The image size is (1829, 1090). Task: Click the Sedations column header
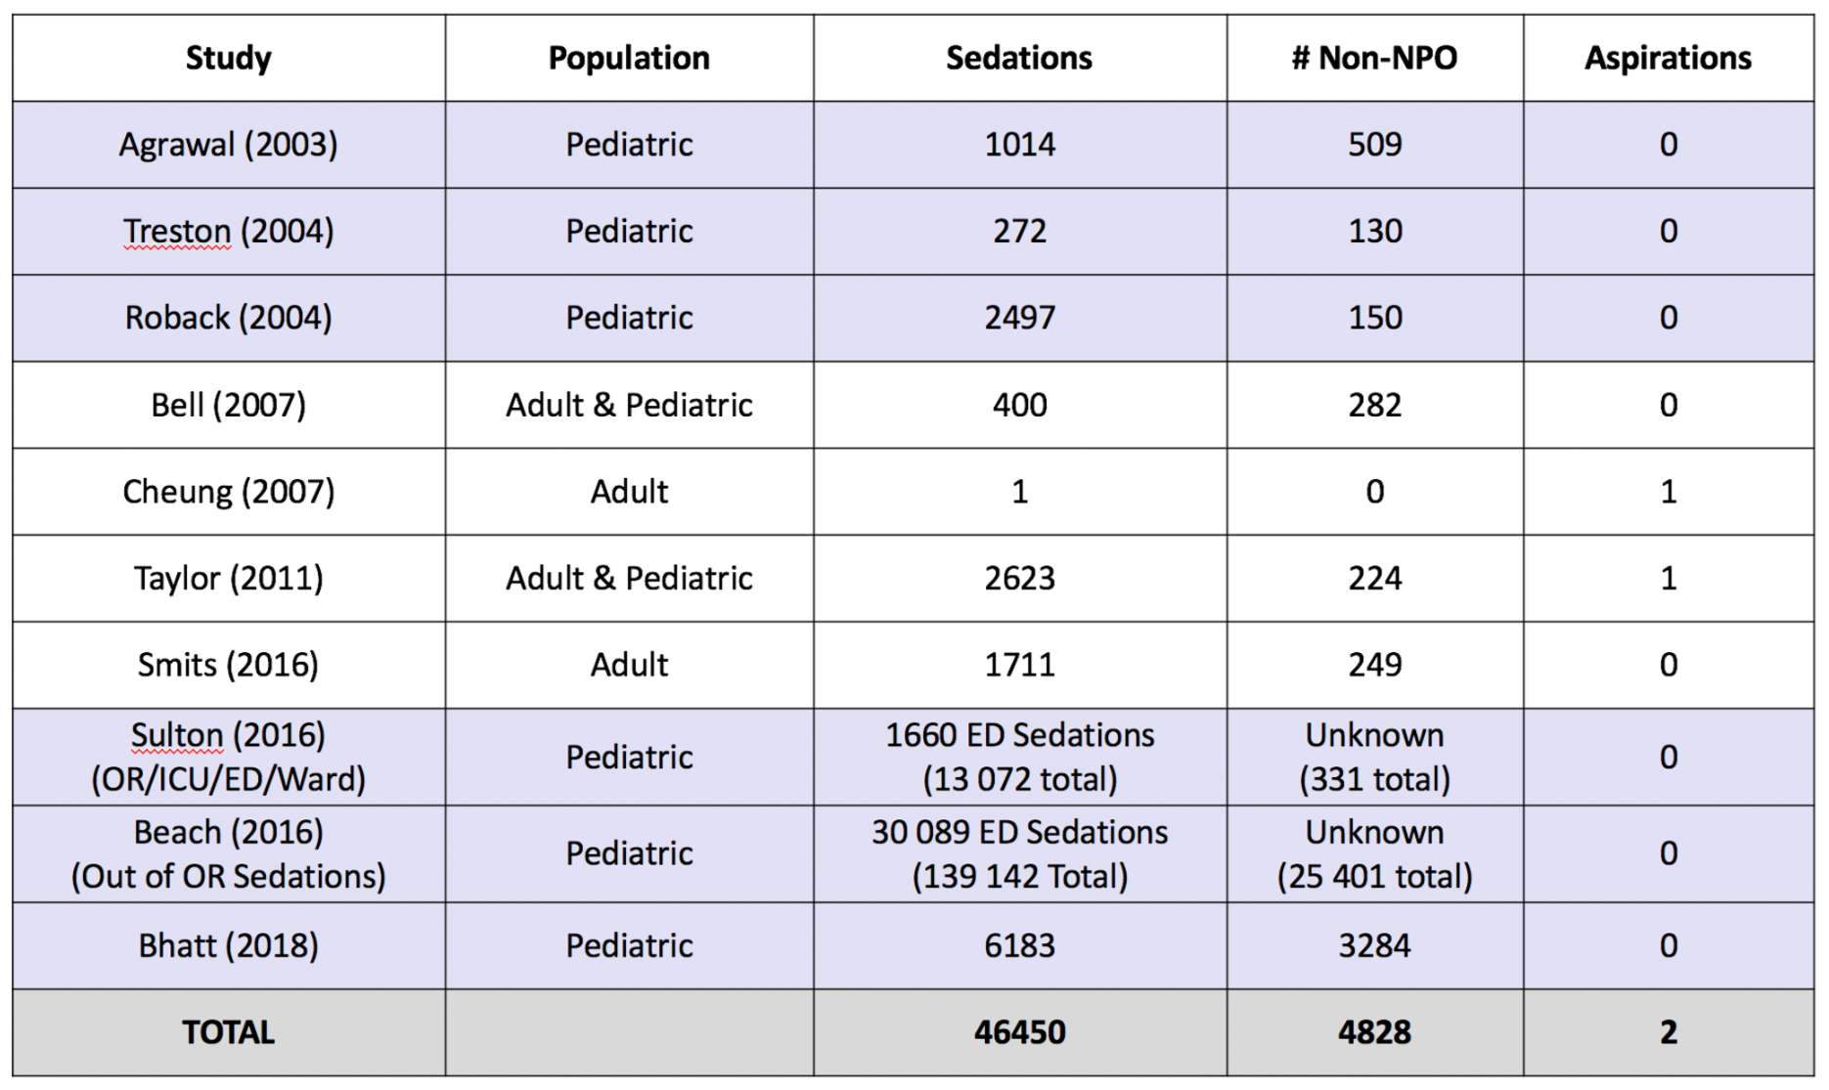click(1018, 58)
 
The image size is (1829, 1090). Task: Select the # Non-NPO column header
click(1374, 58)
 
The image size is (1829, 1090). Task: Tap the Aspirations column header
click(1668, 58)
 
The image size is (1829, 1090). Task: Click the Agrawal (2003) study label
click(228, 145)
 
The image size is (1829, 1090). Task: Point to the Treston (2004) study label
click(228, 232)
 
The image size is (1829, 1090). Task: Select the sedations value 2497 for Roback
click(1019, 318)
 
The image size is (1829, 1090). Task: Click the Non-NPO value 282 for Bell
click(1374, 405)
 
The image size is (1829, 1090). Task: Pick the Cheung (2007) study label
click(228, 491)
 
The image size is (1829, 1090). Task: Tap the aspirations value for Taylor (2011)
click(1668, 578)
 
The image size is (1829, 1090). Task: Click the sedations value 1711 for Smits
click(1019, 665)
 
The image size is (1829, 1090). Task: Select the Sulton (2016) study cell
click(228, 757)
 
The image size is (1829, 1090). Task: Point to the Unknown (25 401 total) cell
click(1374, 853)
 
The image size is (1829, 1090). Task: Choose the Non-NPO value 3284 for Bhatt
click(1374, 945)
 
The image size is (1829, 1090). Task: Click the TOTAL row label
click(228, 1032)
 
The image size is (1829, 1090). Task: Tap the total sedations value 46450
click(1019, 1032)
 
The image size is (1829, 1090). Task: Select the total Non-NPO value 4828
click(1374, 1032)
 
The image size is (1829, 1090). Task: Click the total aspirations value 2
click(1668, 1032)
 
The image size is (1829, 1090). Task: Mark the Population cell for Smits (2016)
click(629, 665)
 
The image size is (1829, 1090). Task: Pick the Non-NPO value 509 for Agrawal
click(1374, 145)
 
